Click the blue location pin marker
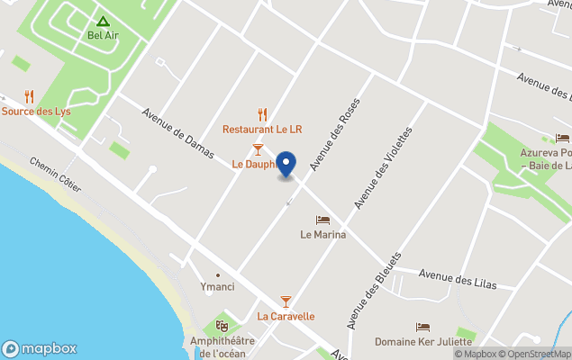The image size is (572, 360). click(x=286, y=164)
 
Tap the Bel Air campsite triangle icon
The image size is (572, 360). click(x=103, y=22)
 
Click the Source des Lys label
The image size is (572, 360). click(x=36, y=111)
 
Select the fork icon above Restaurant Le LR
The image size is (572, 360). click(x=263, y=114)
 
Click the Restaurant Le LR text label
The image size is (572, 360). click(x=263, y=130)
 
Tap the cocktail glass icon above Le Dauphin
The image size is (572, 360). click(x=258, y=148)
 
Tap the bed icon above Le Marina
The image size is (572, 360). click(x=322, y=220)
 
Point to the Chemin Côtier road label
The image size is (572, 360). click(x=55, y=175)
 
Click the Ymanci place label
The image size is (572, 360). click(x=216, y=287)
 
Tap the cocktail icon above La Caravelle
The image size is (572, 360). click(x=286, y=301)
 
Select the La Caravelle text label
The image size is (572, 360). click(x=286, y=317)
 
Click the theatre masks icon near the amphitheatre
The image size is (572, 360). click(x=222, y=325)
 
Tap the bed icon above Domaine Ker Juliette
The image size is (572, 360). click(x=423, y=328)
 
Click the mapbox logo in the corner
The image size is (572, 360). click(x=40, y=349)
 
